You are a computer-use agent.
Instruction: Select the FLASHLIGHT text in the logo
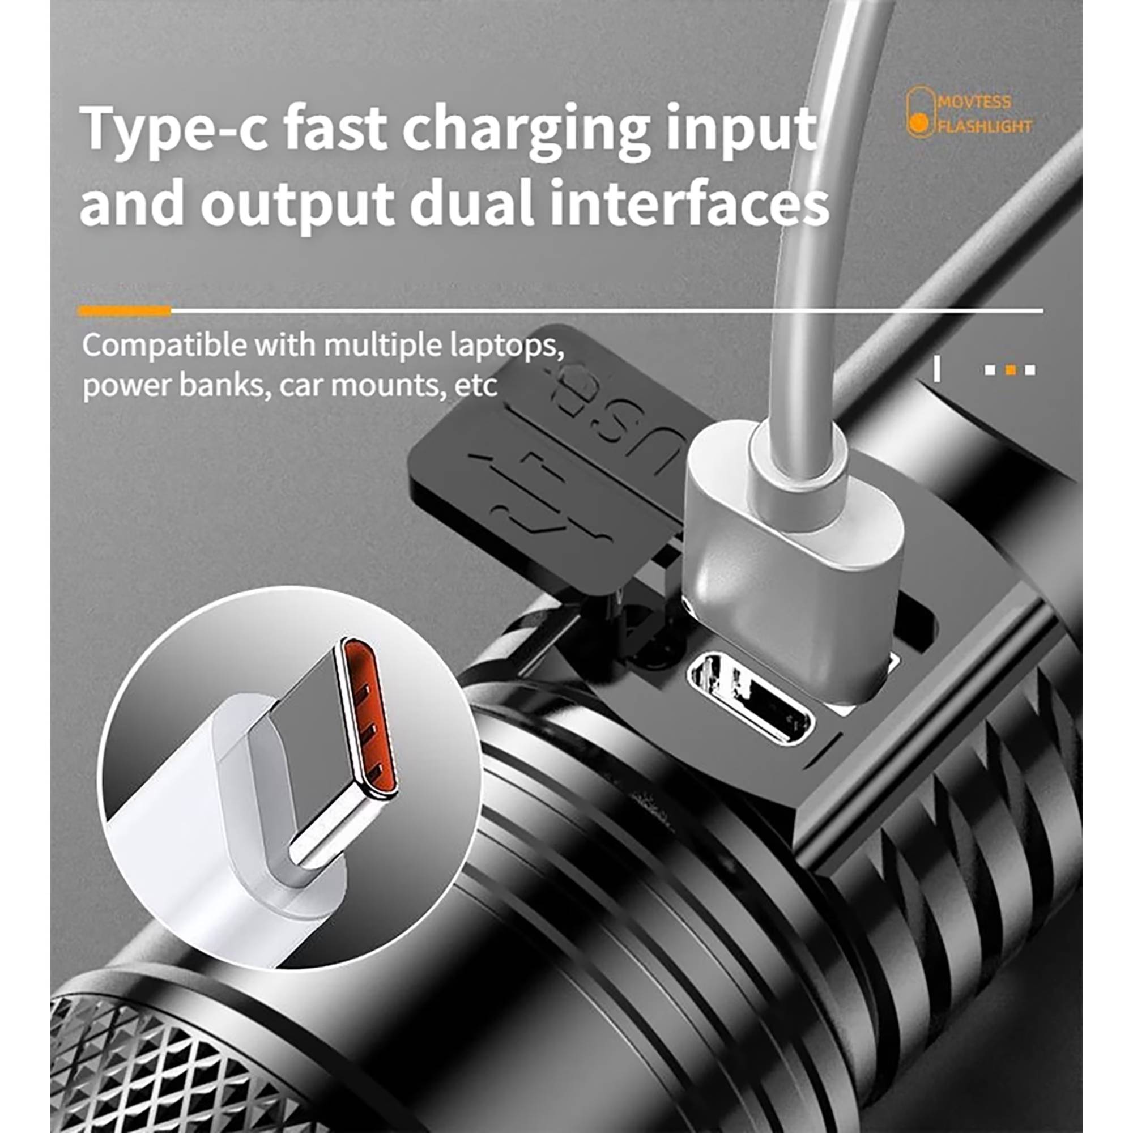tap(985, 126)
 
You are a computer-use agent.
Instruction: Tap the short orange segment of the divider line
tap(124, 311)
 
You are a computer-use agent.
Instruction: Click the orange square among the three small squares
tap(1010, 370)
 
